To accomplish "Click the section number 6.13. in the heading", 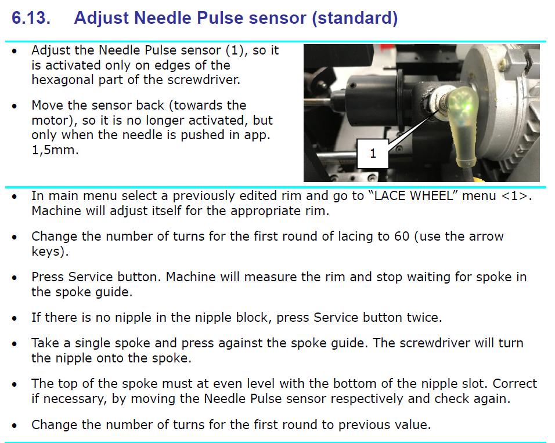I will point(31,18).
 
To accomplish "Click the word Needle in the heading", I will point(166,18).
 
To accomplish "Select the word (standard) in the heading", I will point(354,18).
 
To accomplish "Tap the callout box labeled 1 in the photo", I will point(372,154).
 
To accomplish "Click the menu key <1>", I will point(516,196).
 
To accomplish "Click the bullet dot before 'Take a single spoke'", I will point(15,343).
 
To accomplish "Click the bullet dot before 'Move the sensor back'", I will point(15,106).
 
